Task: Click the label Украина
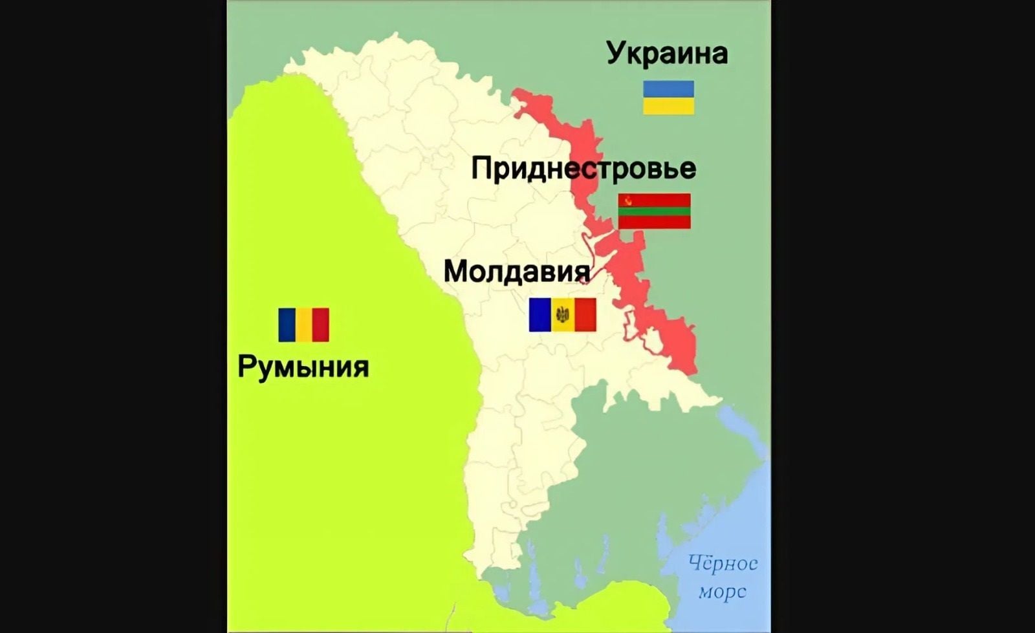tap(667, 53)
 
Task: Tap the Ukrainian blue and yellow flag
tap(668, 98)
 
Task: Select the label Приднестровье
tap(583, 169)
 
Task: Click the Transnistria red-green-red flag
tap(654, 211)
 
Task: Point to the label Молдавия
tap(516, 271)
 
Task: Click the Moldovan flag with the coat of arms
tap(562, 315)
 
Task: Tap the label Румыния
tap(303, 367)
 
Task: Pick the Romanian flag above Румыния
tap(303, 325)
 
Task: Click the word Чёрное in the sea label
tap(723, 563)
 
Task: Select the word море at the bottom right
tap(722, 591)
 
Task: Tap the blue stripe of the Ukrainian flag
tap(668, 89)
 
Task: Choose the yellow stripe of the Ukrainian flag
tap(668, 106)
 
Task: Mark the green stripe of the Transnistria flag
tap(654, 211)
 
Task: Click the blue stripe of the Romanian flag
tap(287, 325)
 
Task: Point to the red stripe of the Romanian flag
tap(321, 325)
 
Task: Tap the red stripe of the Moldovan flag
tap(585, 315)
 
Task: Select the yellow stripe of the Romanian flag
tap(303, 325)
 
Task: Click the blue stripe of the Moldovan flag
tap(539, 315)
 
